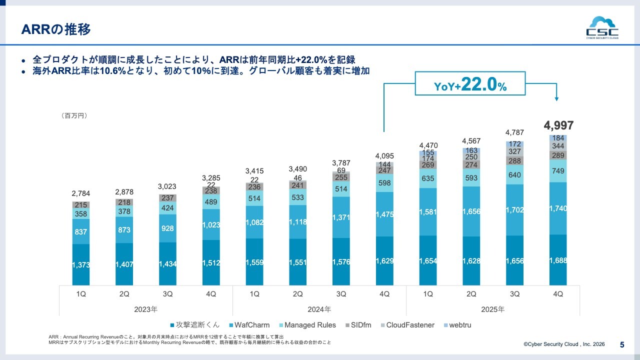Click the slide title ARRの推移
[x=56, y=29]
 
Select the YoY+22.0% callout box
[x=470, y=83]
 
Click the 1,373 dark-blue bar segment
[x=80, y=265]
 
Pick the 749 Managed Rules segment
[x=558, y=171]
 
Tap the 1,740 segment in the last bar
[x=558, y=208]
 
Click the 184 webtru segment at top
[x=558, y=138]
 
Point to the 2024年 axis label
[x=319, y=309]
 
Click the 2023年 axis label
[x=145, y=309]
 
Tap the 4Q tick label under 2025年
[x=558, y=294]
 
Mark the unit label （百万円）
[x=74, y=115]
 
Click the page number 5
[x=622, y=344]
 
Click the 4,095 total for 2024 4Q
[x=384, y=155]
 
